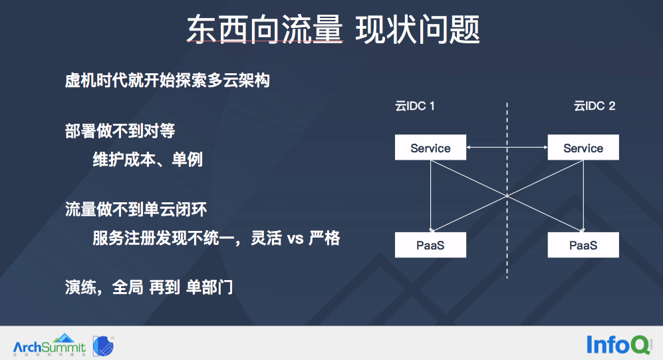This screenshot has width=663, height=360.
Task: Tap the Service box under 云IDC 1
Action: tap(430, 148)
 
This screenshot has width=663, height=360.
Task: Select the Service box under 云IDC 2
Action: tap(583, 148)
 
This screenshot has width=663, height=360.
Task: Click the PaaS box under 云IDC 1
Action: tap(430, 246)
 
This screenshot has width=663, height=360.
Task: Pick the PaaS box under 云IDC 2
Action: tap(583, 246)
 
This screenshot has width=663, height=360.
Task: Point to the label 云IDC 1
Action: tap(415, 106)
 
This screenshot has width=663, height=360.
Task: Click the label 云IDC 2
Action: tap(595, 106)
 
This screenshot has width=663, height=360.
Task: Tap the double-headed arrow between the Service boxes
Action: tap(507, 147)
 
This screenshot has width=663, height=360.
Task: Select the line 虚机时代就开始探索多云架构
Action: tap(167, 82)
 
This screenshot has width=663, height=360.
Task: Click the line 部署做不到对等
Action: tap(120, 131)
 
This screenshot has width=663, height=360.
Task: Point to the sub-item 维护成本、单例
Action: tap(148, 160)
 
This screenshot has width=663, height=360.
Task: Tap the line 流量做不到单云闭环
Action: tap(136, 210)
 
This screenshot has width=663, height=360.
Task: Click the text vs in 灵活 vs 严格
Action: tap(295, 239)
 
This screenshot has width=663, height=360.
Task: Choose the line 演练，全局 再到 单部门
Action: tap(148, 288)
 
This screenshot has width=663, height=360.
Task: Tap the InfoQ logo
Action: tap(618, 344)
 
